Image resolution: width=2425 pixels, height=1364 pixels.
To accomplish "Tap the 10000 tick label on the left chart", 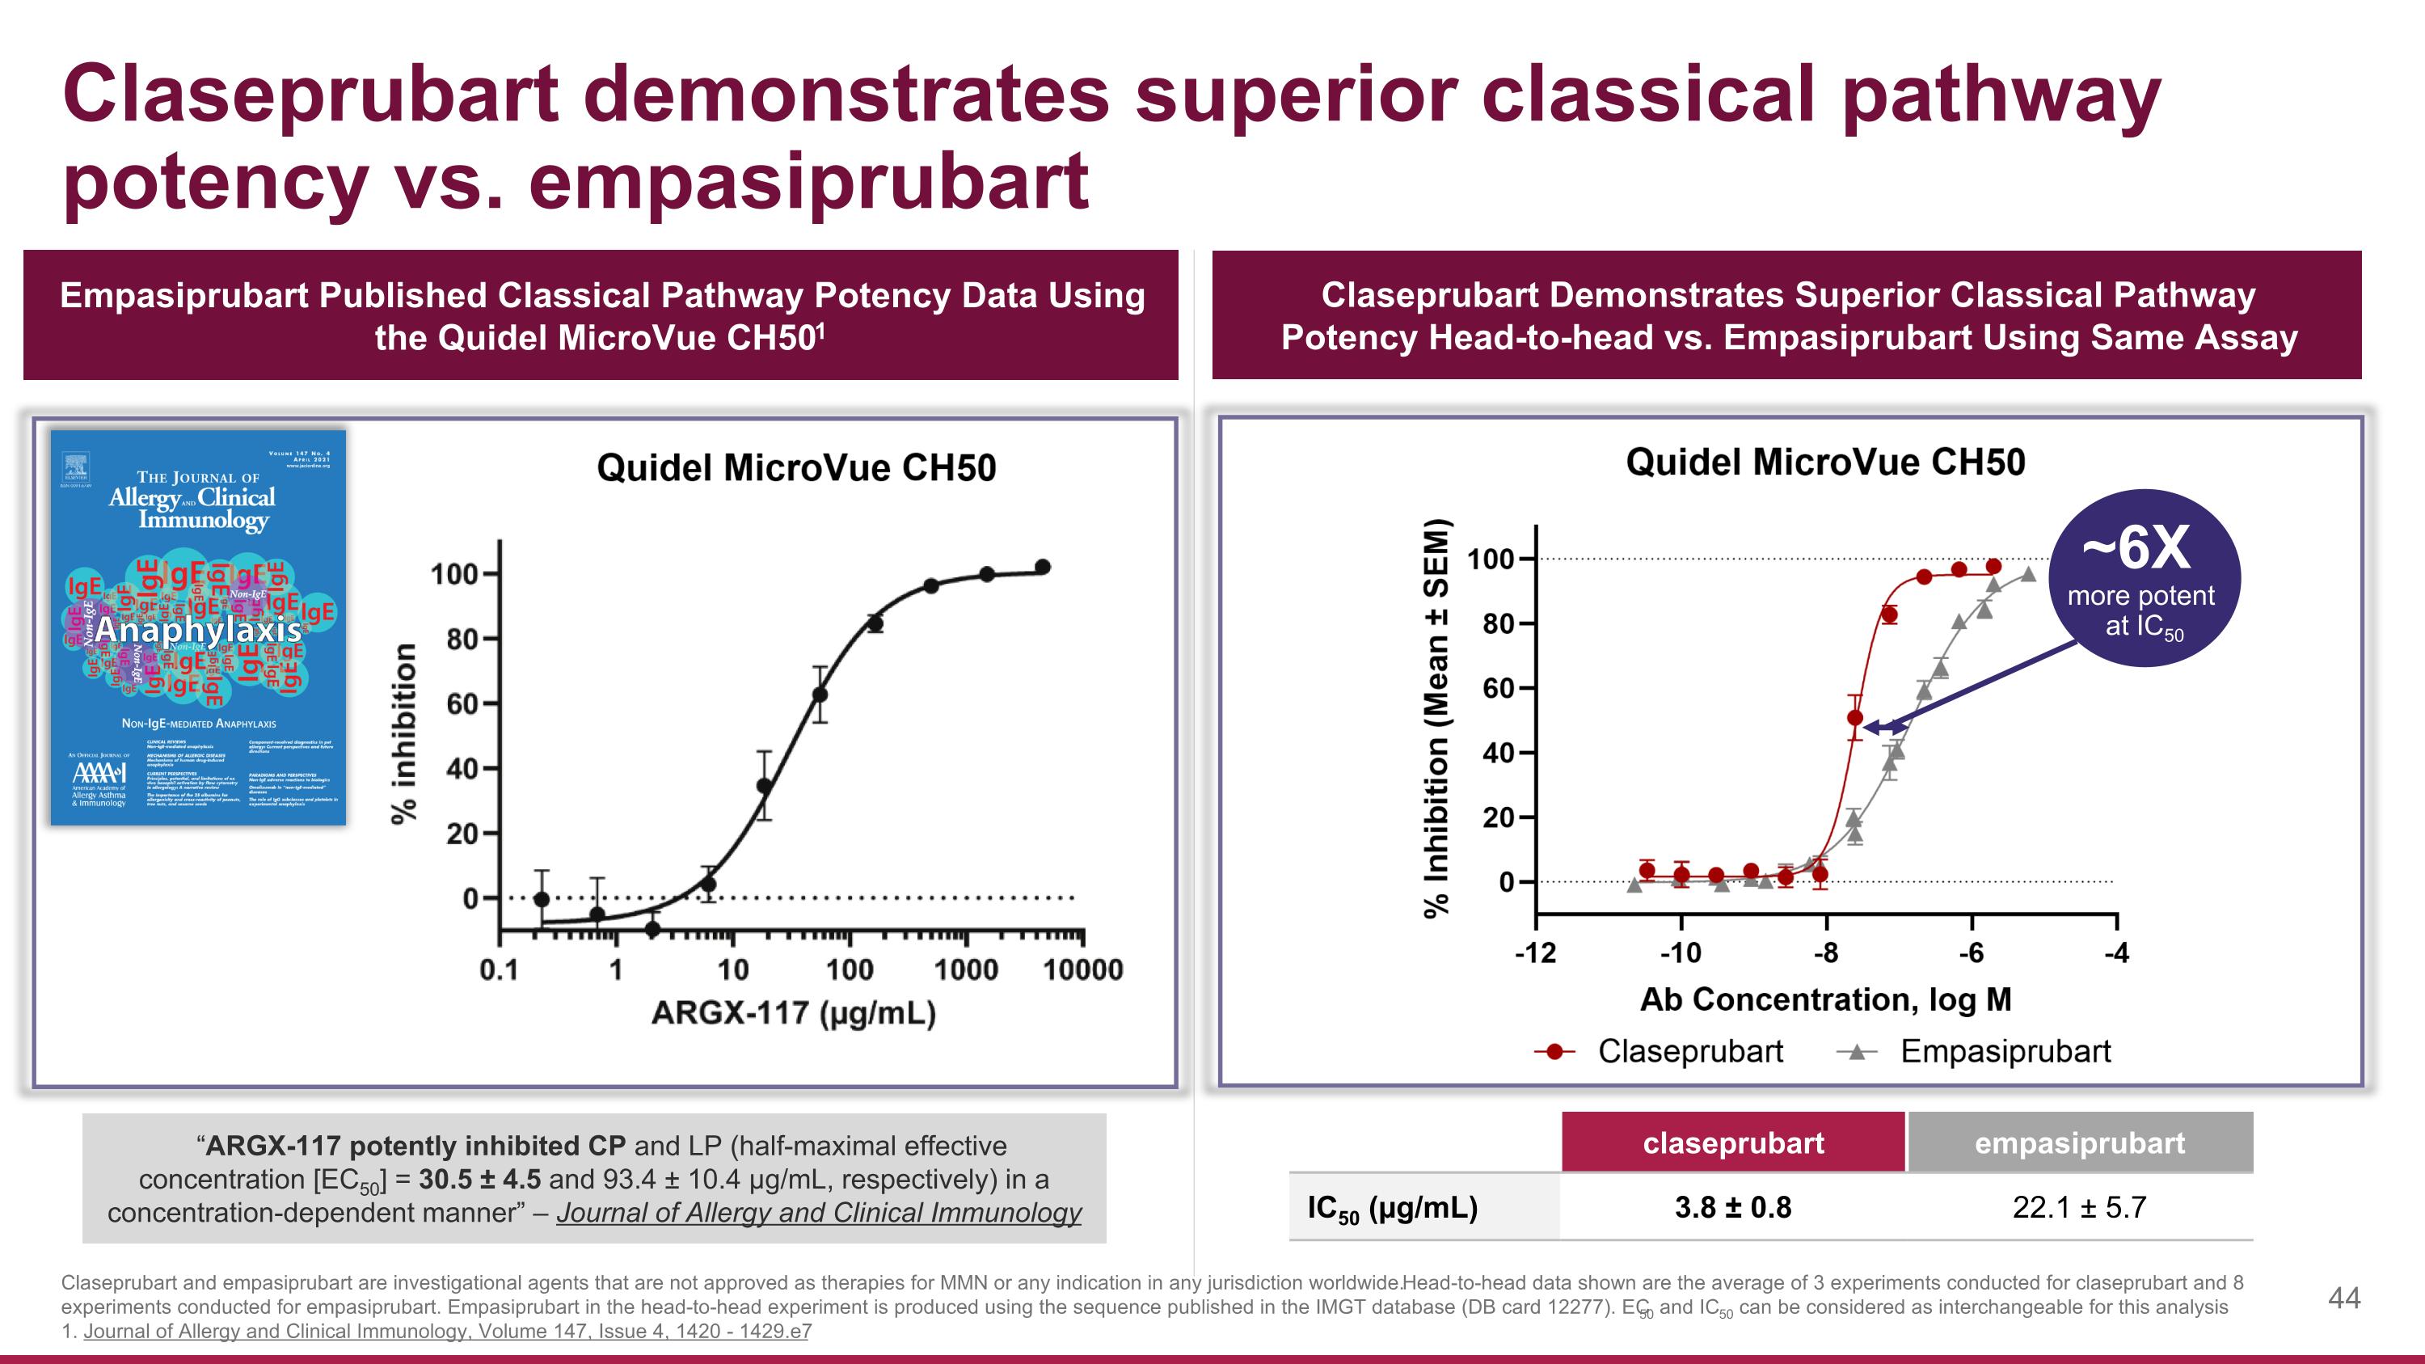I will (1082, 969).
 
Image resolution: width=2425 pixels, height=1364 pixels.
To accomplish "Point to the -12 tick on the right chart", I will (1534, 953).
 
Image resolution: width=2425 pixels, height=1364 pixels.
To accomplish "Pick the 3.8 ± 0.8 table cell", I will (1732, 1207).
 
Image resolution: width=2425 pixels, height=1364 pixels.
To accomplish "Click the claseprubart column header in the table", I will (1732, 1142).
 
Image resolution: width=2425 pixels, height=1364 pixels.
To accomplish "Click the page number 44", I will (2343, 1299).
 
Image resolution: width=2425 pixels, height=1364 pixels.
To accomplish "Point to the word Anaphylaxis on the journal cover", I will (198, 629).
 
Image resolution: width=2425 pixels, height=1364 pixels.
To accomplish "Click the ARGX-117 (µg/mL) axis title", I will (793, 1013).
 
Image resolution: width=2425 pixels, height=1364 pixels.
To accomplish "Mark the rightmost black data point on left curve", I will (1042, 567).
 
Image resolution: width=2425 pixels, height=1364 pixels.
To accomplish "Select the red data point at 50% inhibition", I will (1854, 718).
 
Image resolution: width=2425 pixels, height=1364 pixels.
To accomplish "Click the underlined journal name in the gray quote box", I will (818, 1213).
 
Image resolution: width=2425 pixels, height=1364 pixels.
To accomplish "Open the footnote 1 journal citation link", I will (447, 1331).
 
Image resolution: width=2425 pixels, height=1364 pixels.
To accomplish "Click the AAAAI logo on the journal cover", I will (99, 774).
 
